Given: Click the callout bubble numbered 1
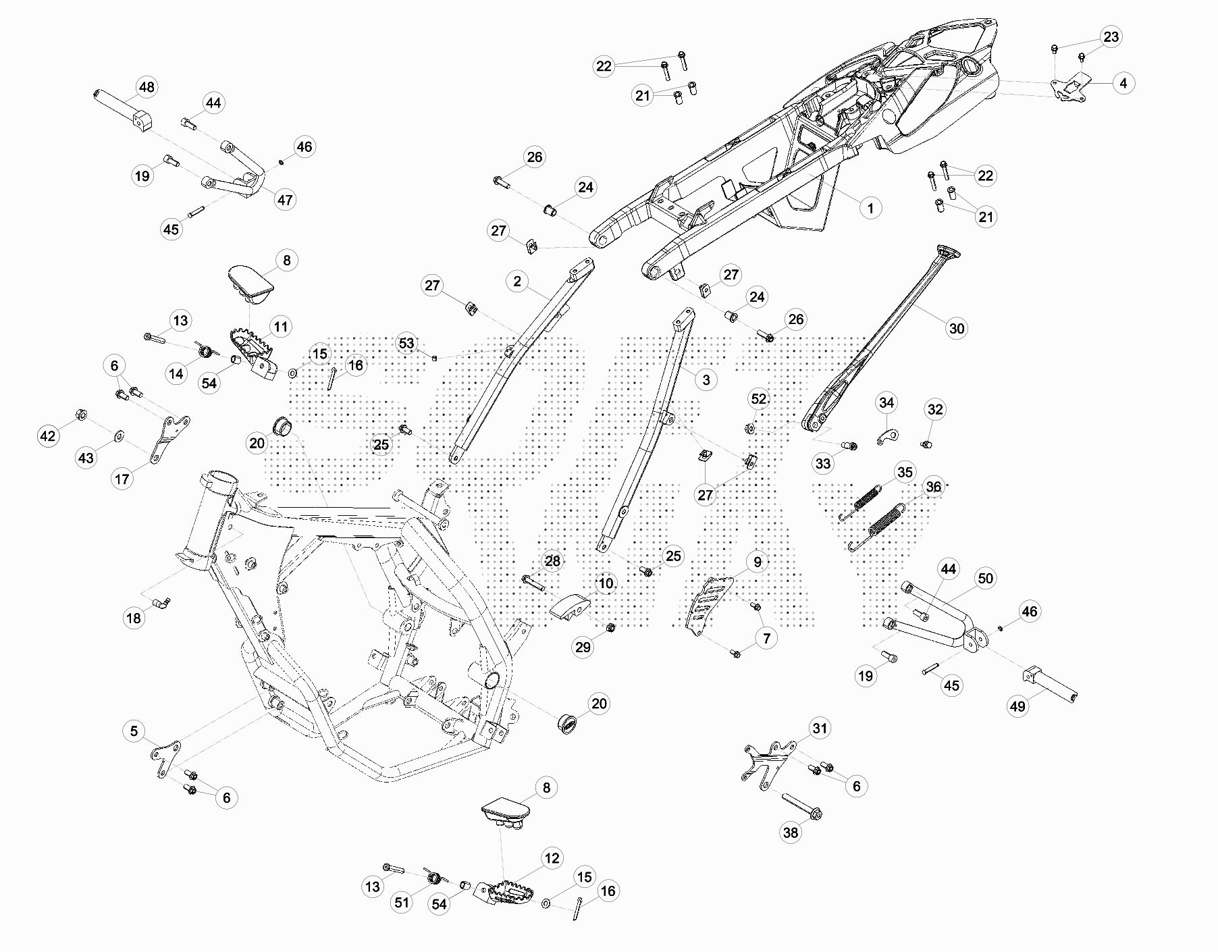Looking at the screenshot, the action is tap(870, 208).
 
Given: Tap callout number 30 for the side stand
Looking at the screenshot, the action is tap(957, 328).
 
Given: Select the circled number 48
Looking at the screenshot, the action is tap(146, 87).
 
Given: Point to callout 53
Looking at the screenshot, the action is tap(406, 344).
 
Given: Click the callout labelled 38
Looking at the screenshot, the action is tap(790, 832).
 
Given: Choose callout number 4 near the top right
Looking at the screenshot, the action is tap(1123, 83).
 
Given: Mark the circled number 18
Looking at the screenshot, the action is tap(134, 618).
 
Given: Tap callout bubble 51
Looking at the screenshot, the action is tap(402, 903).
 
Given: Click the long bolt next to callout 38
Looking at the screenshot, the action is tap(801, 805).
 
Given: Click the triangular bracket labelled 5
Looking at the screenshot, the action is tap(166, 758).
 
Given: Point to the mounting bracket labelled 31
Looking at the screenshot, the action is tap(770, 763).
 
